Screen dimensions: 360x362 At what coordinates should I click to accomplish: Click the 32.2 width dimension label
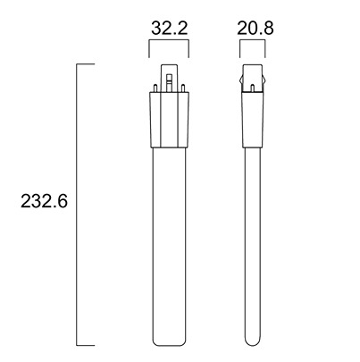pos(170,29)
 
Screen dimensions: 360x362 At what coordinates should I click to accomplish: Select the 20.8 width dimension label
pos(255,29)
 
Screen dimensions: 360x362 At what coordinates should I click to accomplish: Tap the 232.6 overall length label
pos(44,201)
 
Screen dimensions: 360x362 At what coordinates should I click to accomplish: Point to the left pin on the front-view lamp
pos(155,88)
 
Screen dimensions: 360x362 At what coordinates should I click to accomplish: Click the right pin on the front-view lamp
pos(183,88)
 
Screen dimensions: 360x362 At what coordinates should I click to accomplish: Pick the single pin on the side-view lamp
pos(252,88)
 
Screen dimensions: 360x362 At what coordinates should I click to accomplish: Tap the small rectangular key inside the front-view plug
pos(169,79)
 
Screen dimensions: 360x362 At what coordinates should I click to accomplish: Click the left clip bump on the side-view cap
pos(241,80)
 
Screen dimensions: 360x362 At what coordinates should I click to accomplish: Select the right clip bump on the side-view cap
pos(264,80)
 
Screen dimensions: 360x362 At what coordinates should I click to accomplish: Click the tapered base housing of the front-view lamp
pos(169,120)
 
